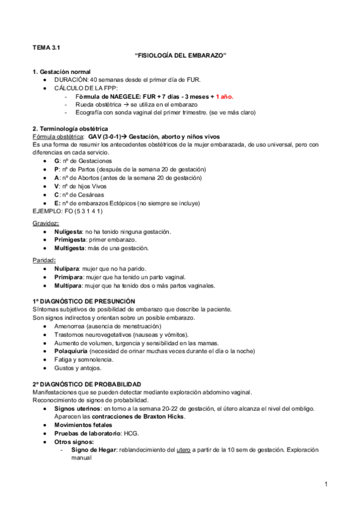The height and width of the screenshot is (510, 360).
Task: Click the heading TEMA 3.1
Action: (x=46, y=46)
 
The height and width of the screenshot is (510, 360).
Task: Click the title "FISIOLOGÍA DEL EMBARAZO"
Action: (x=180, y=55)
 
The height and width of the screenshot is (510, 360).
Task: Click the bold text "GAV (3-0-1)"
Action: (x=105, y=137)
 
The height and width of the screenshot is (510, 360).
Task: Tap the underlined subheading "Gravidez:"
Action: (x=46, y=223)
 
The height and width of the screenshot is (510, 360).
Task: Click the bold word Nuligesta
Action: (x=69, y=232)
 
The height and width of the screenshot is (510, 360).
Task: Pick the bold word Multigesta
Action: (x=70, y=248)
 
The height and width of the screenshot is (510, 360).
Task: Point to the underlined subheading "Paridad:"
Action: (x=45, y=260)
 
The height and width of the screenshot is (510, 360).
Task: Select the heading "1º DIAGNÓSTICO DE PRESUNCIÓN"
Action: (x=84, y=301)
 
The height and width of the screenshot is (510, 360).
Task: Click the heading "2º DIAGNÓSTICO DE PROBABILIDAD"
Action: (x=87, y=384)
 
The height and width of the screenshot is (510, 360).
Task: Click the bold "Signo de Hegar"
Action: (x=92, y=449)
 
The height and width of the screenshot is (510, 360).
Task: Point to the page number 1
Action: (x=325, y=484)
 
